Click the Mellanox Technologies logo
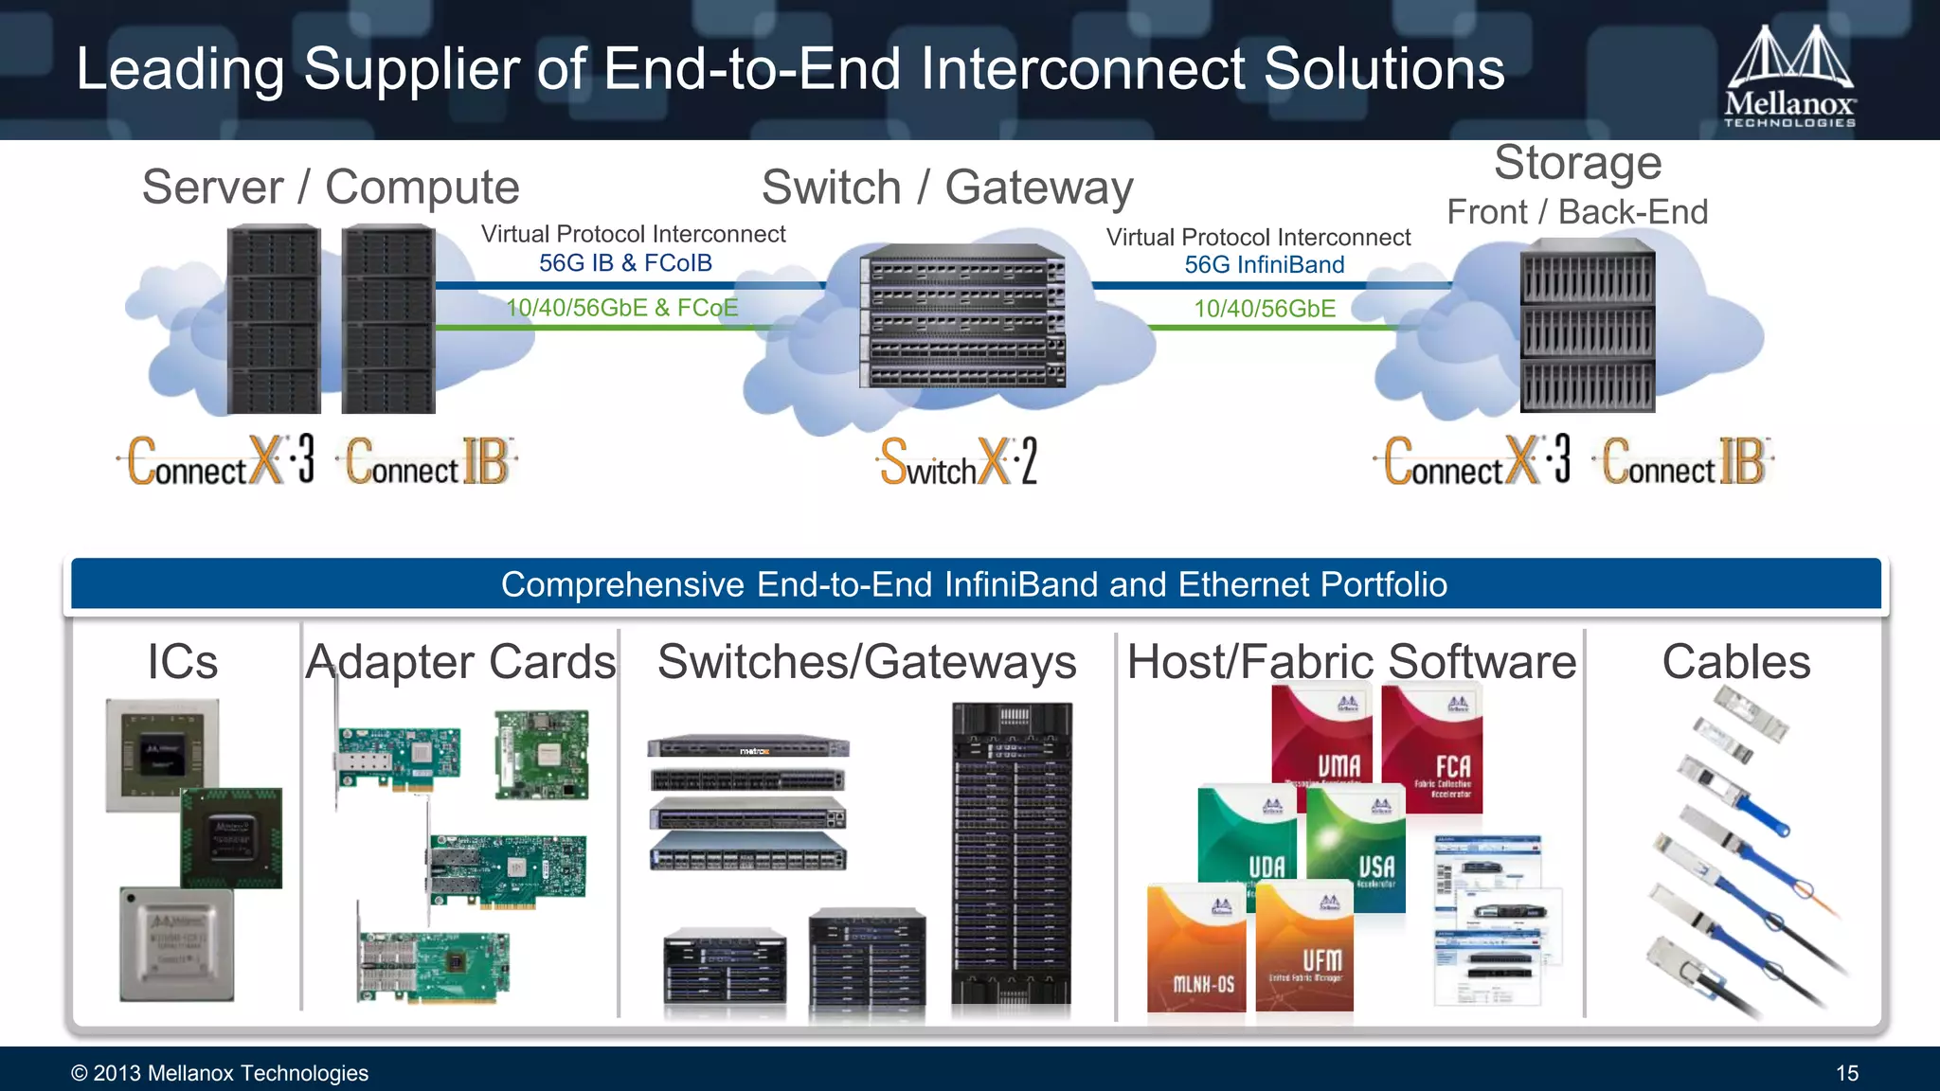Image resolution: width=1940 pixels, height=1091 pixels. [x=1788, y=76]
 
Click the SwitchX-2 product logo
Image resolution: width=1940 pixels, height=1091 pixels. [x=959, y=462]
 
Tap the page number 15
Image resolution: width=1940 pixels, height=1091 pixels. [x=1846, y=1073]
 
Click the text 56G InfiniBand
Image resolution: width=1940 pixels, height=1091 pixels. [x=1264, y=265]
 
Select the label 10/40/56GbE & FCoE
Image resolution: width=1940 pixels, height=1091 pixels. [x=621, y=308]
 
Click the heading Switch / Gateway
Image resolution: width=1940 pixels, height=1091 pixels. [x=946, y=188]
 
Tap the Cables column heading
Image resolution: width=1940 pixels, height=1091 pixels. [x=1735, y=662]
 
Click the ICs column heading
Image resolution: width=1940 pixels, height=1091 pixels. [x=182, y=662]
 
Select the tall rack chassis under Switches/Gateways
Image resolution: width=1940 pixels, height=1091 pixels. [x=1012, y=852]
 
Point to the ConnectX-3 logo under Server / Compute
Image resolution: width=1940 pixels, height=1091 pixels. [x=220, y=462]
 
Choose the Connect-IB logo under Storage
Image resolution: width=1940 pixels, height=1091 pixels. [x=1685, y=462]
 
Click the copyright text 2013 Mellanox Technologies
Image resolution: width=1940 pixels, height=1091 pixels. [x=220, y=1073]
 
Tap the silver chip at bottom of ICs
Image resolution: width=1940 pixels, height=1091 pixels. [x=177, y=944]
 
